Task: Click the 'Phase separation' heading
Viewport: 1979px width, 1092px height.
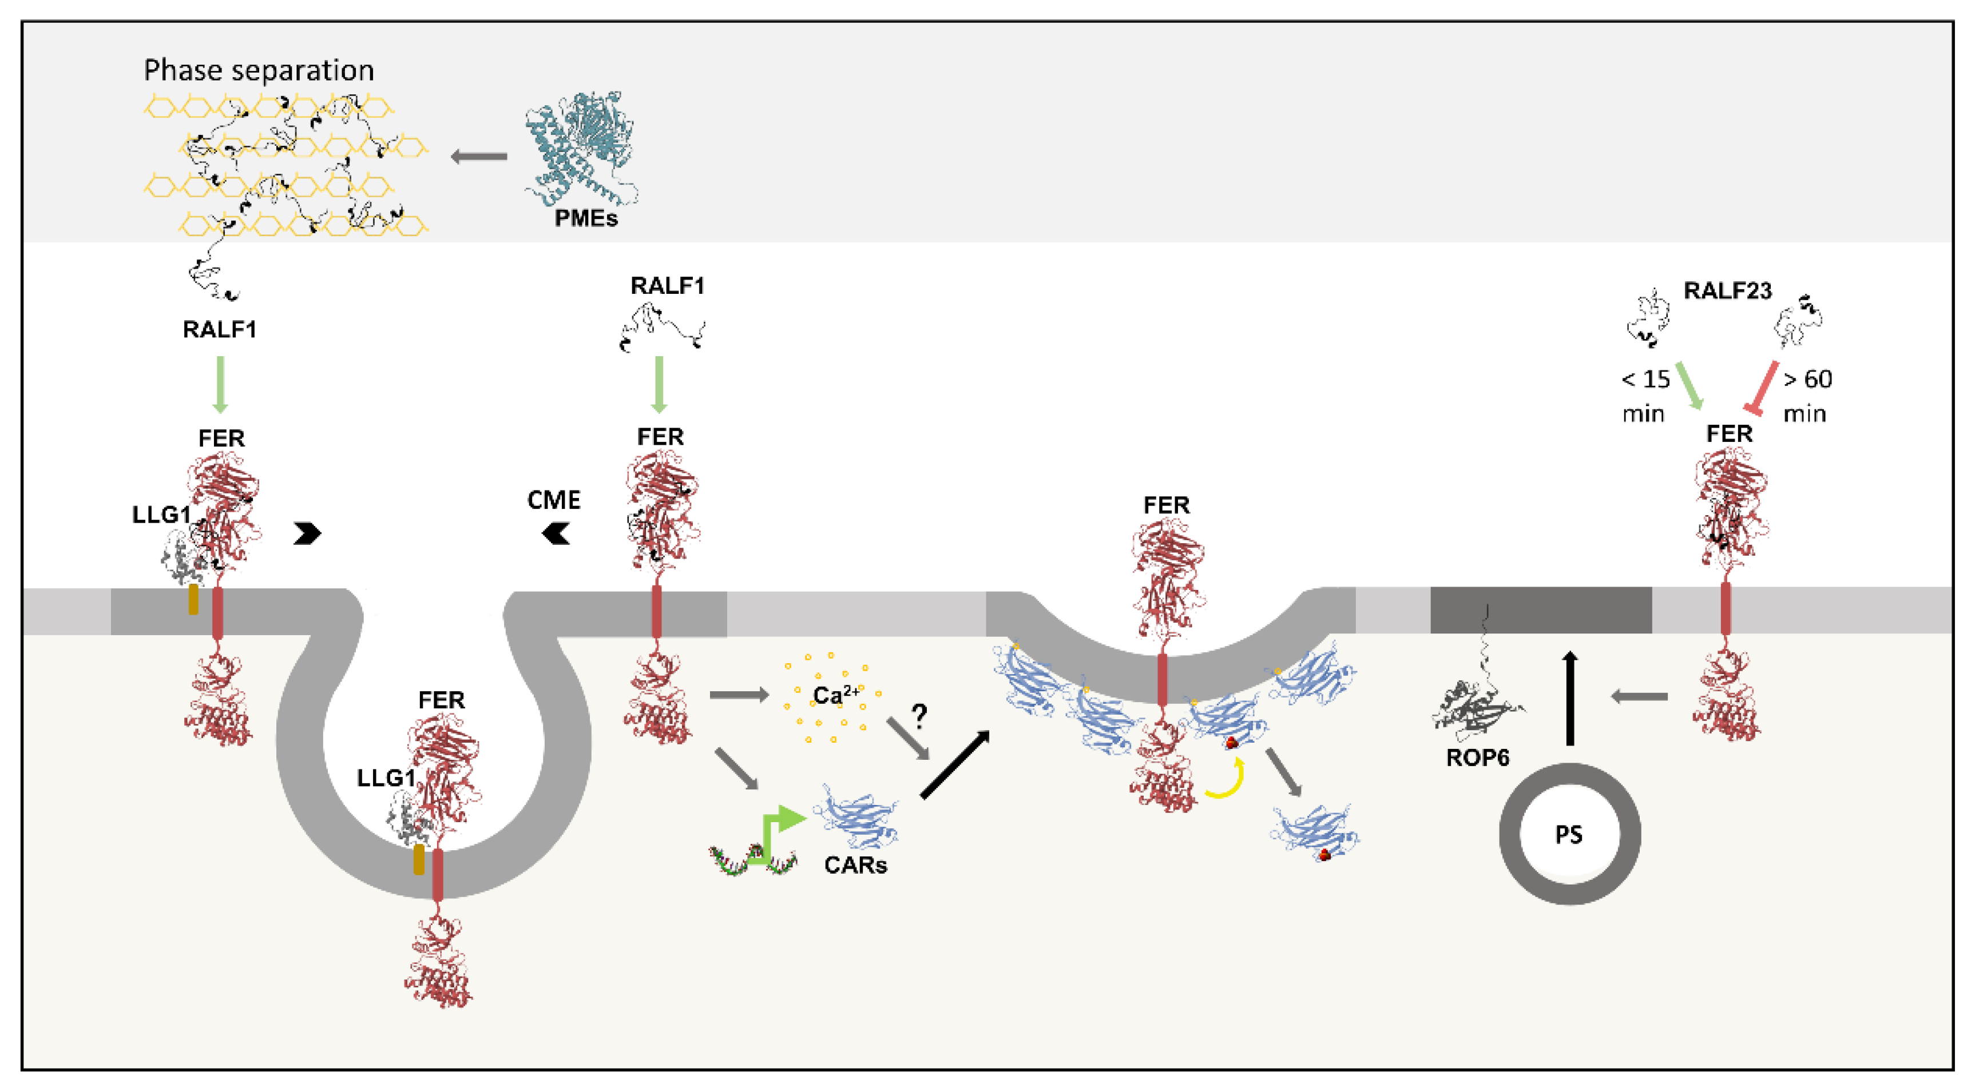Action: click(x=259, y=71)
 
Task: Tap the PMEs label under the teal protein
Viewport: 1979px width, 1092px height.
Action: click(x=586, y=219)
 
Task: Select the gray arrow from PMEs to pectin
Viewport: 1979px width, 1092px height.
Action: click(x=479, y=157)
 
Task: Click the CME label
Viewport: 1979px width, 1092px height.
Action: click(x=553, y=501)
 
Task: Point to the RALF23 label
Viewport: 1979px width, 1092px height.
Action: click(x=1727, y=291)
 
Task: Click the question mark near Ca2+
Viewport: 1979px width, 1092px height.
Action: click(x=919, y=716)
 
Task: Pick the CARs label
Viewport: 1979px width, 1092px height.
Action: click(x=855, y=866)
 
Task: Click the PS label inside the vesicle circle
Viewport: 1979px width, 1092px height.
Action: click(x=1569, y=835)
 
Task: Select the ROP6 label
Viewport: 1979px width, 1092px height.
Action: click(x=1477, y=758)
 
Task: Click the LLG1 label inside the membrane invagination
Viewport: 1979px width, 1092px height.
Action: click(x=386, y=778)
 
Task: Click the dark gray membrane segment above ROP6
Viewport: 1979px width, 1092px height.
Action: click(x=1540, y=611)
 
